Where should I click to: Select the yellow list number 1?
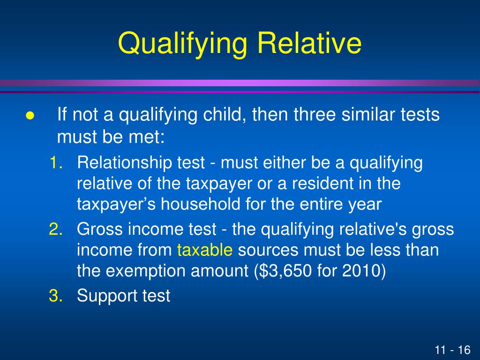[56, 164]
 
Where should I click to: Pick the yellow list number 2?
[56, 230]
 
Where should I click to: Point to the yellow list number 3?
[56, 296]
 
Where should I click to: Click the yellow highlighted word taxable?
[205, 250]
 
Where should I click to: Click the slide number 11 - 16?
[452, 350]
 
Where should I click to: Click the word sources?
[268, 250]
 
